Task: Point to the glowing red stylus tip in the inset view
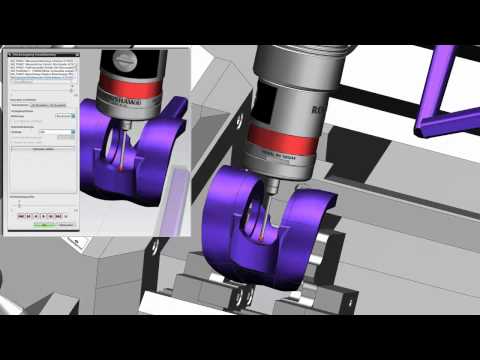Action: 122,165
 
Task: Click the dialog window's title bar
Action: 45,52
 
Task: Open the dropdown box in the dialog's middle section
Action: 64,116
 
